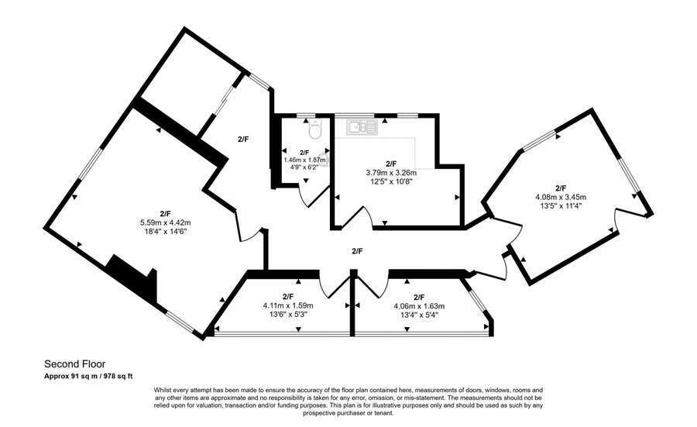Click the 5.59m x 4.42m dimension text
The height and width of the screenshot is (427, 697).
pyautogui.click(x=164, y=222)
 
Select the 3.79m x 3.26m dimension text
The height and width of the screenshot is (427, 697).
pyautogui.click(x=390, y=173)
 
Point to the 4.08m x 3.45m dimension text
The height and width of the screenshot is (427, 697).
pyautogui.click(x=561, y=197)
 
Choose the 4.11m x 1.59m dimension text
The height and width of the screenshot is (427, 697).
pyautogui.click(x=288, y=305)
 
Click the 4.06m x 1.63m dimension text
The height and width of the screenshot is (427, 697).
pyautogui.click(x=419, y=305)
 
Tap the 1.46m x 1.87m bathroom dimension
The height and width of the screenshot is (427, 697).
pyautogui.click(x=304, y=160)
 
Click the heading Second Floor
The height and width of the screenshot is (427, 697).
pyautogui.click(x=74, y=363)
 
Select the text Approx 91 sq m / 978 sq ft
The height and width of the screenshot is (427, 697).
pyautogui.click(x=88, y=376)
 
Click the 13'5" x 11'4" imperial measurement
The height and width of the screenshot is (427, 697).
pyautogui.click(x=561, y=205)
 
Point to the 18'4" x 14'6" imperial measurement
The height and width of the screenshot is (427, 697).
pyautogui.click(x=164, y=231)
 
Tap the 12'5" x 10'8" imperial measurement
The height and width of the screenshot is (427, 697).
pyautogui.click(x=390, y=181)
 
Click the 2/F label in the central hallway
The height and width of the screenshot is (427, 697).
pyautogui.click(x=357, y=251)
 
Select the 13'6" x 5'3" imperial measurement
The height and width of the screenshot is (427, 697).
pyautogui.click(x=288, y=314)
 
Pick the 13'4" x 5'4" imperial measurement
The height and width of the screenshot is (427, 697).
pyautogui.click(x=419, y=314)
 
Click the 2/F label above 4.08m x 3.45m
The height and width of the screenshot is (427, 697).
pyautogui.click(x=561, y=188)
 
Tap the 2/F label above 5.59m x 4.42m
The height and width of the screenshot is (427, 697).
pyautogui.click(x=164, y=214)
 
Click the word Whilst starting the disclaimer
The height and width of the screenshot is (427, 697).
pyautogui.click(x=163, y=390)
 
